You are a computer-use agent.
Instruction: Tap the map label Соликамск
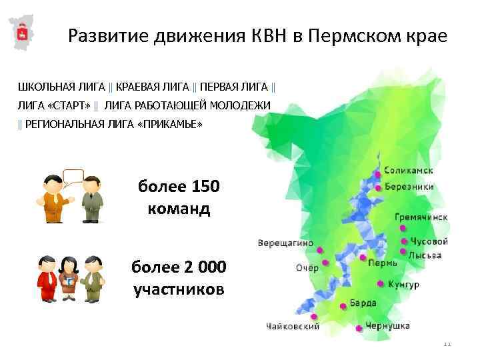409,171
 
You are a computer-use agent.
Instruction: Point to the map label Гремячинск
421,217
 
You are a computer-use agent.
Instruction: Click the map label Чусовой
429,241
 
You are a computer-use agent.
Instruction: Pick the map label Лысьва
425,255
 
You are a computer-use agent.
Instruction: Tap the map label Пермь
383,263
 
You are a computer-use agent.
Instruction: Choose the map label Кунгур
403,285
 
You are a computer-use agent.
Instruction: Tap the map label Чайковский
292,327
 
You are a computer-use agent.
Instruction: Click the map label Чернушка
387,326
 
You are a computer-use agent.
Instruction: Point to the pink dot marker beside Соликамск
378,174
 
